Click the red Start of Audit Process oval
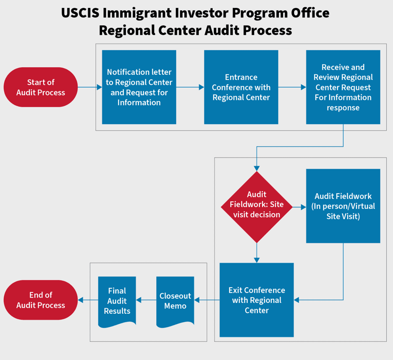point(41,87)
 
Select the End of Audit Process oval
point(41,300)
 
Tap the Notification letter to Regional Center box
point(139,87)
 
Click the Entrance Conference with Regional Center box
point(241,87)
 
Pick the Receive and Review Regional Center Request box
point(343,87)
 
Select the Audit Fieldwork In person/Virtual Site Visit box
point(343,206)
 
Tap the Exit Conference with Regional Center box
point(257,300)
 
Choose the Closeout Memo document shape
point(175,301)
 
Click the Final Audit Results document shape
point(117,301)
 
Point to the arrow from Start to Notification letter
point(90,87)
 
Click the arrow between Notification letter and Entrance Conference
point(190,87)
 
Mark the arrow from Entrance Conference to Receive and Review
point(292,87)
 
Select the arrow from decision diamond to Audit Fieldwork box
point(299,207)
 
